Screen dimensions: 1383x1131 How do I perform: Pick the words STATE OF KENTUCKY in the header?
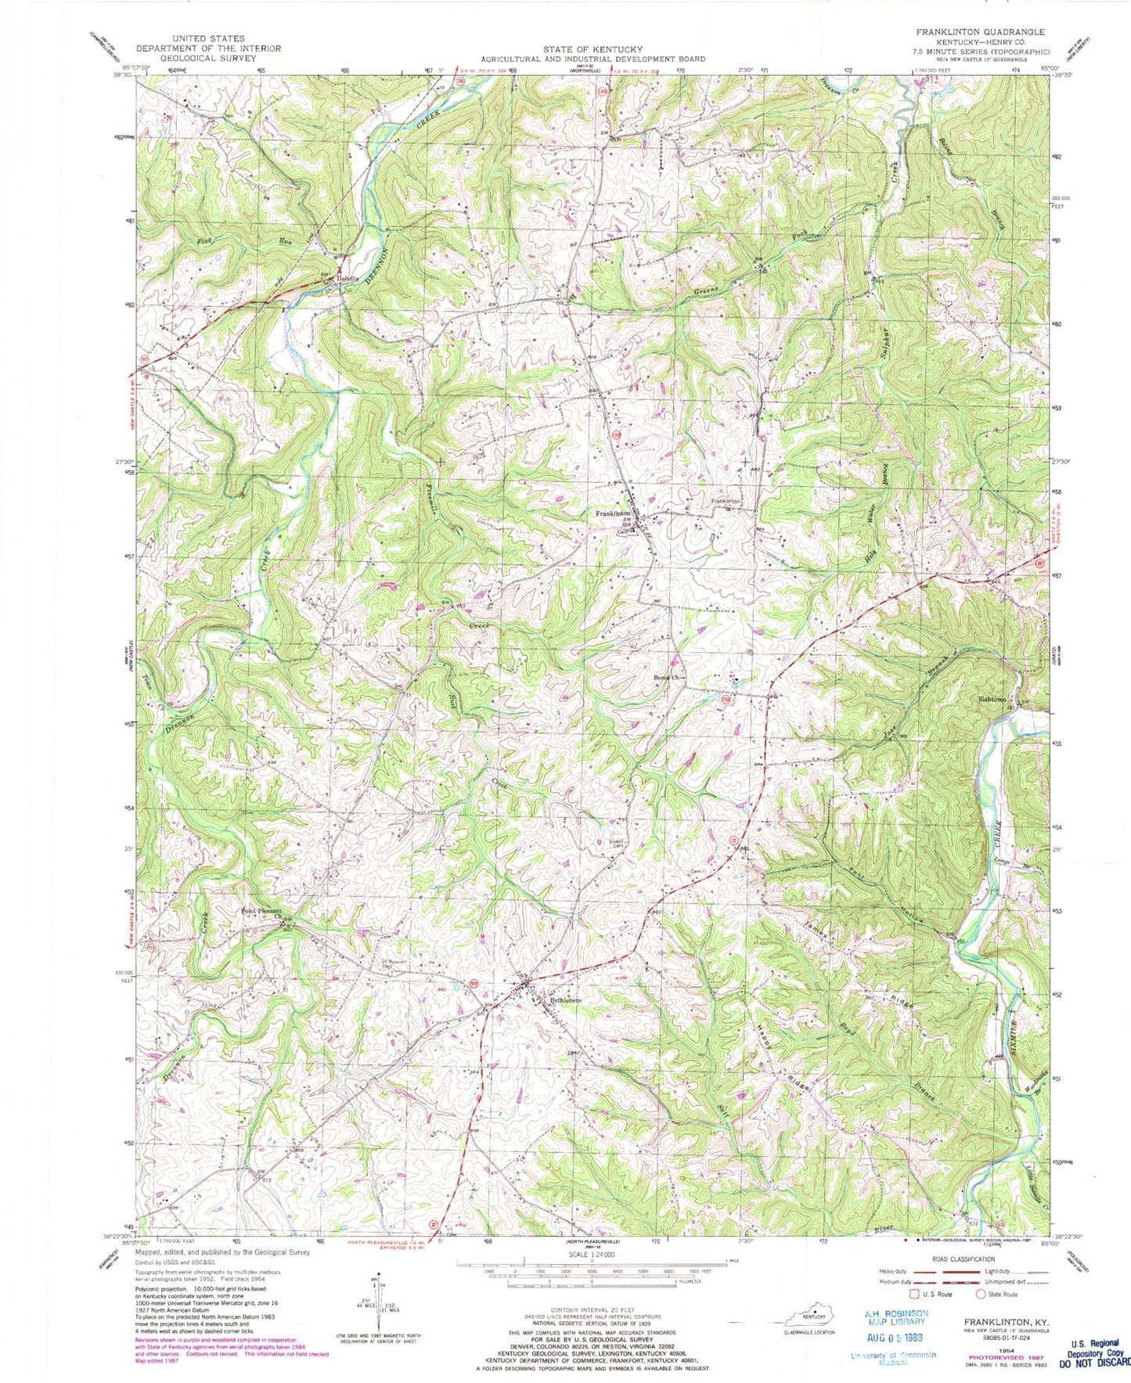pyautogui.click(x=593, y=49)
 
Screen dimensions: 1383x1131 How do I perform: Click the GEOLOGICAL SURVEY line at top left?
pyautogui.click(x=207, y=58)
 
